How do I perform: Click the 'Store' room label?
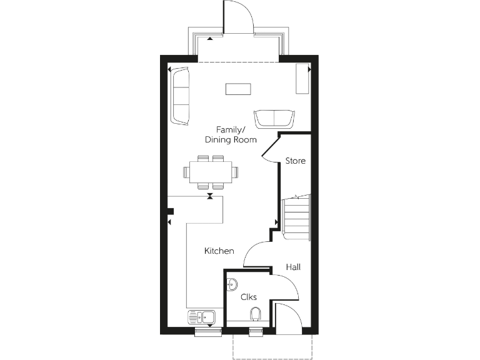click(x=296, y=161)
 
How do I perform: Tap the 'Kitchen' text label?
click(x=219, y=251)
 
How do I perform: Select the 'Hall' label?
click(x=293, y=267)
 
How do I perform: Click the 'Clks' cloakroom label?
click(x=249, y=297)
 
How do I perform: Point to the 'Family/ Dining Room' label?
click(x=231, y=135)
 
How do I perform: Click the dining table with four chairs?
click(x=211, y=171)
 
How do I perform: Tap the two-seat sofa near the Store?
click(x=274, y=118)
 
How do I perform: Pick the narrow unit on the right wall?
click(x=303, y=79)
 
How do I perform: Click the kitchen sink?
click(x=201, y=318)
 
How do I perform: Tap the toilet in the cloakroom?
click(x=254, y=314)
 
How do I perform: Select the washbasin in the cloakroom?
click(x=231, y=284)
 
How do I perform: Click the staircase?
click(x=297, y=217)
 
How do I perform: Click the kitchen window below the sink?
click(x=206, y=332)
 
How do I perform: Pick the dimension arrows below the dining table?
click(x=211, y=196)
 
